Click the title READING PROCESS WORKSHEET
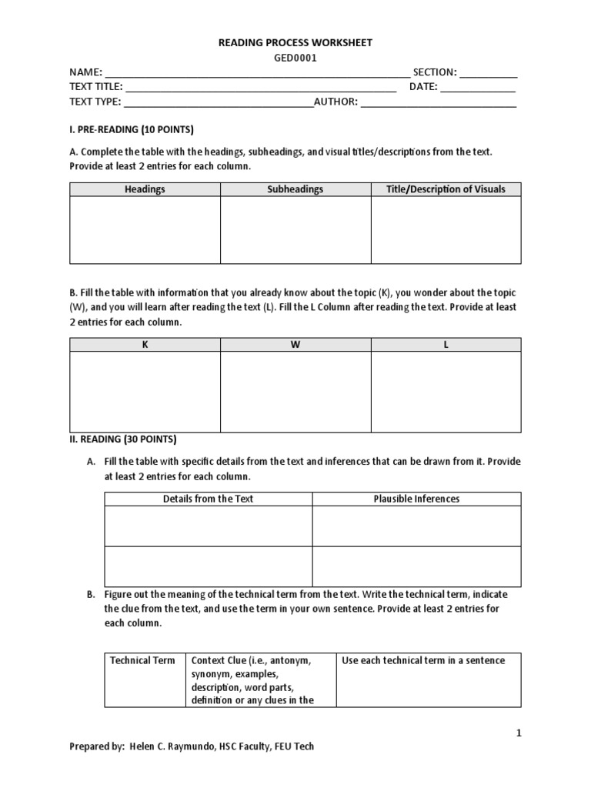[295, 43]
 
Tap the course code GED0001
[295, 58]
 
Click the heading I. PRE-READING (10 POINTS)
[132, 129]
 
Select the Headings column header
[145, 189]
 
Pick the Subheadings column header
[295, 189]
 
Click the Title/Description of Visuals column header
[446, 189]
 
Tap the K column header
[145, 345]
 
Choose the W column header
[295, 345]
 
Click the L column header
[446, 345]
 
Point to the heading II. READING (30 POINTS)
[123, 439]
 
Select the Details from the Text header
[208, 499]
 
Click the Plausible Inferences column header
[416, 499]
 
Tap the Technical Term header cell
[142, 660]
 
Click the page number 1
[519, 733]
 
